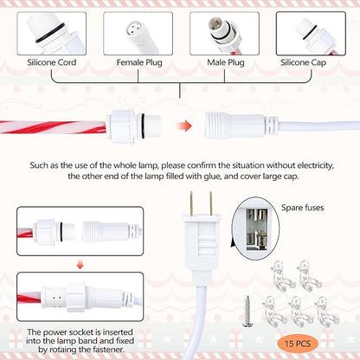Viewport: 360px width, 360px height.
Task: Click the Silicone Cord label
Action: click(52, 62)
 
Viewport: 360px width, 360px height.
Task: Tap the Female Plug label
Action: click(139, 62)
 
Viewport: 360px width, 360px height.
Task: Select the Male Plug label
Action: click(226, 62)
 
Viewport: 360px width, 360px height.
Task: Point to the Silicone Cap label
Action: click(303, 62)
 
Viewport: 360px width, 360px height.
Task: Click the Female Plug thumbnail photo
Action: click(138, 34)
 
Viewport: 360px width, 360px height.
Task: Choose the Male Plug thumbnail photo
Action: click(224, 34)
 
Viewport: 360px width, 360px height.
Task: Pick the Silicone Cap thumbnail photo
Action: click(311, 34)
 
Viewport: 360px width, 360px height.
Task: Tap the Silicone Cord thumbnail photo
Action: click(52, 34)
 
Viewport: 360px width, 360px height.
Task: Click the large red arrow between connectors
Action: click(183, 126)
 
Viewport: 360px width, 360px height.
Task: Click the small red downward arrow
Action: click(80, 265)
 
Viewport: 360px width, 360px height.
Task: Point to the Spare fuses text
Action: click(303, 208)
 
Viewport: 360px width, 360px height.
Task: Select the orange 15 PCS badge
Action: click(298, 344)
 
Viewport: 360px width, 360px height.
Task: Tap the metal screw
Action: click(246, 312)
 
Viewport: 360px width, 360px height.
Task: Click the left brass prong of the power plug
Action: click(191, 203)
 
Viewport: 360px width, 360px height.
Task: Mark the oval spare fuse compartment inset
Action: click(255, 228)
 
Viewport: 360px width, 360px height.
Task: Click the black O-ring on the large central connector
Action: click(143, 126)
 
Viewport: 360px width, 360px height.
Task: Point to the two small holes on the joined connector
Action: click(57, 298)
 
